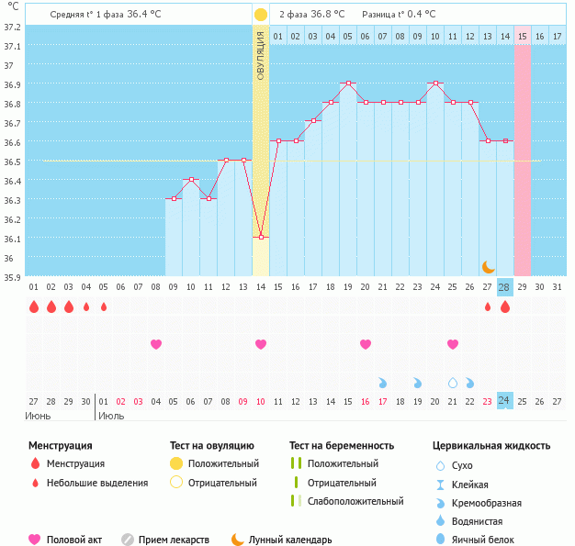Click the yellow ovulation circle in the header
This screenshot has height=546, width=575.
pos(261,15)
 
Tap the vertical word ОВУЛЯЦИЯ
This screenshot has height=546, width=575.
pos(261,55)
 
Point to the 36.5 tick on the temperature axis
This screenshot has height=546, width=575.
pos(12,162)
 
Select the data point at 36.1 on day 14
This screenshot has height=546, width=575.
pos(261,238)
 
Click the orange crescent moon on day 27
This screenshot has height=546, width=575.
pos(489,266)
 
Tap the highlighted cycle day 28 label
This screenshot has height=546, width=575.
pos(503,287)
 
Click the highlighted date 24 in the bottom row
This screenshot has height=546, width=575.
pos(503,400)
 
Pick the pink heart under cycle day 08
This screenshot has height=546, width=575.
pos(156,344)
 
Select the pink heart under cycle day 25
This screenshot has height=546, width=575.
pos(452,344)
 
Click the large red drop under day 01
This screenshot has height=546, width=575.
pos(34,306)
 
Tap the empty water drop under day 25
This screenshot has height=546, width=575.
pos(452,382)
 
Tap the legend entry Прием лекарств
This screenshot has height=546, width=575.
pos(174,540)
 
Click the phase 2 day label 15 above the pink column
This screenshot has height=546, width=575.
pos(522,36)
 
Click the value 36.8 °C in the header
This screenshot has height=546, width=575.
pos(327,15)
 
